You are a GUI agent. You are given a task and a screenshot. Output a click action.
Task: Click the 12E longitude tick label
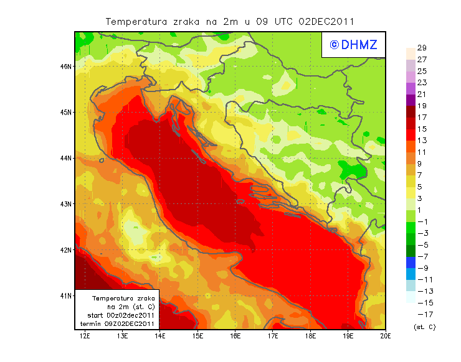[85, 336]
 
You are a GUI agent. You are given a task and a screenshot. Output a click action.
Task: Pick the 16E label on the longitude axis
[235, 336]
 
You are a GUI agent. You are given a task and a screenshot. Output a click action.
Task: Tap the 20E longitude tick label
[385, 336]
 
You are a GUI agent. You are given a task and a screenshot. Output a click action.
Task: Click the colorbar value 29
[422, 48]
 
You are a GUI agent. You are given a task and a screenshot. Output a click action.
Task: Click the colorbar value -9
[422, 267]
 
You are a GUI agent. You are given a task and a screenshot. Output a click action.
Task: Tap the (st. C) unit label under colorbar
[424, 327]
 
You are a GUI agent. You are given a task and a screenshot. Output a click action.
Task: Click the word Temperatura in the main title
[135, 21]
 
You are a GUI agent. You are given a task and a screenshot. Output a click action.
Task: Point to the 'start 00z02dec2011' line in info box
[118, 315]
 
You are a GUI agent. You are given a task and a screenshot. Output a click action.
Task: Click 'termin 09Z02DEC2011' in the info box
[118, 323]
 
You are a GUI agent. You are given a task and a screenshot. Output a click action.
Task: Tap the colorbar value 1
[422, 210]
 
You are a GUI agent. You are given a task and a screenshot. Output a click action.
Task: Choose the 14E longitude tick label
[160, 336]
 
